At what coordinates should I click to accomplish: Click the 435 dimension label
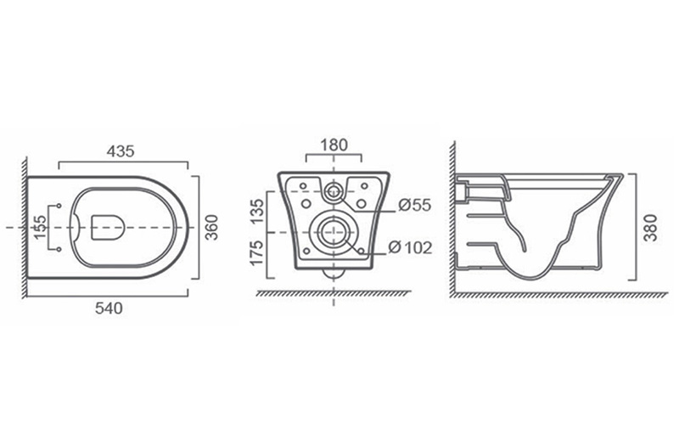(121, 151)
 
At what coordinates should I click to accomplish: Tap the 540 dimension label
(109, 309)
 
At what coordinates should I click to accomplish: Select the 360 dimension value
(211, 227)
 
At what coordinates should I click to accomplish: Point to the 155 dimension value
(40, 227)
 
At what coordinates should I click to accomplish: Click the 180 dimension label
(334, 144)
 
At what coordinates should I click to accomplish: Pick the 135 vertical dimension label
(257, 211)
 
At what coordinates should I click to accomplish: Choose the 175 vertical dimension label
(257, 252)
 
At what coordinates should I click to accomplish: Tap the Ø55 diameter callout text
(415, 205)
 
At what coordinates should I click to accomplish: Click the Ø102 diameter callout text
(410, 247)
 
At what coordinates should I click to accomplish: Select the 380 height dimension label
(650, 228)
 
